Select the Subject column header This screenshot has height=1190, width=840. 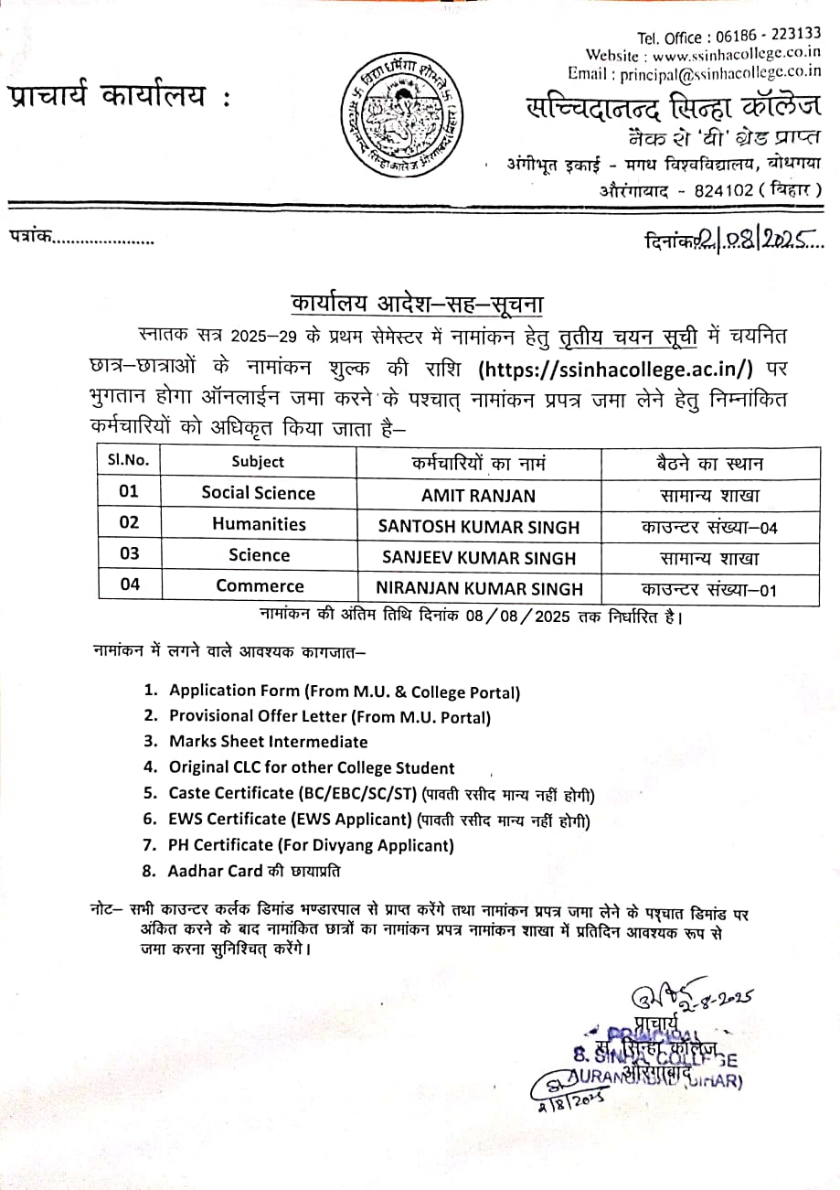click(258, 462)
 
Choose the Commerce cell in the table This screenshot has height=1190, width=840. click(259, 585)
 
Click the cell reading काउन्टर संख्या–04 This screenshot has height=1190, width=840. click(708, 527)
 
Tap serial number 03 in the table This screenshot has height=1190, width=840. click(130, 554)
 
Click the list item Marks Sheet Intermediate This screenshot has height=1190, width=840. click(268, 742)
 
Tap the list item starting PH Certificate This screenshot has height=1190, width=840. click(311, 845)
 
